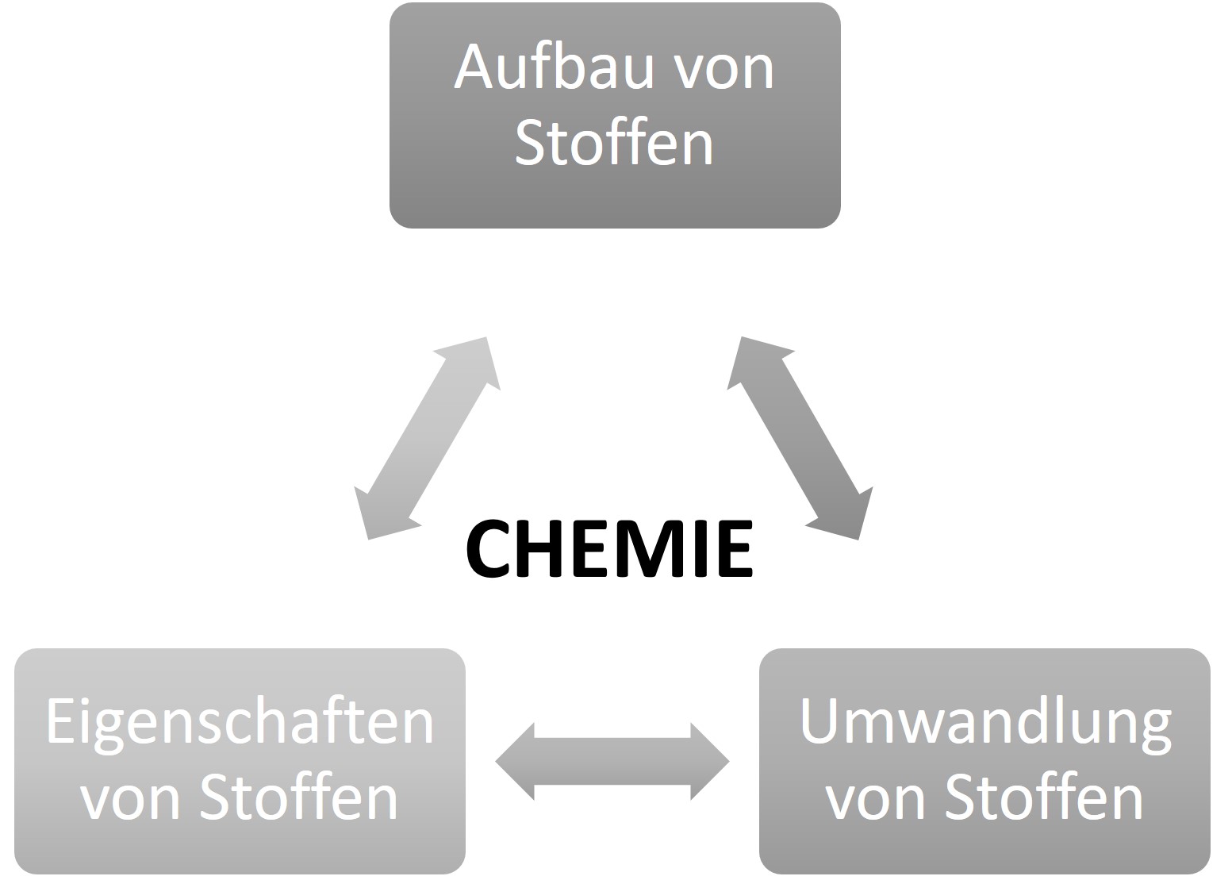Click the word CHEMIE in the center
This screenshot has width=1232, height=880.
pos(608,549)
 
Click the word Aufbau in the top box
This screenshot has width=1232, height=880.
pos(555,67)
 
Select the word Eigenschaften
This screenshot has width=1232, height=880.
pos(240,724)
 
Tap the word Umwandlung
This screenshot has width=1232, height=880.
pos(985,724)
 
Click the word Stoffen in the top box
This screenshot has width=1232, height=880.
pos(615,143)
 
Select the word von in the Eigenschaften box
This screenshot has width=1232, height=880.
pos(131,800)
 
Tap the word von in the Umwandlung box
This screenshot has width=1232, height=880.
pos(876,800)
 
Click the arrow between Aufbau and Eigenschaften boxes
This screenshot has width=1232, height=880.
pos(427,438)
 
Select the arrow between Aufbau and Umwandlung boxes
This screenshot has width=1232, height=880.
pos(800,438)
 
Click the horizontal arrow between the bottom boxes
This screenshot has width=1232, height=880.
pos(612,762)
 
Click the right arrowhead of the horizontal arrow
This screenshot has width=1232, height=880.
pos(709,762)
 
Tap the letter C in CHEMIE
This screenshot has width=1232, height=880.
pos(487,549)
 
